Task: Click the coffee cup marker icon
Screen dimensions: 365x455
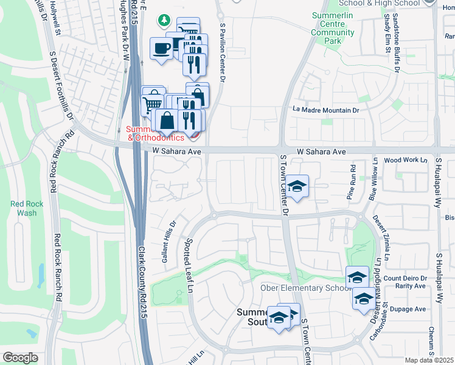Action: click(x=161, y=48)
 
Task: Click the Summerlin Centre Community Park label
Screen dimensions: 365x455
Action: click(x=332, y=28)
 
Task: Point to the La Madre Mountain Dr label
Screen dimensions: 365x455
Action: click(x=325, y=110)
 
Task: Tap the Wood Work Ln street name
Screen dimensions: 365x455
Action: click(x=402, y=160)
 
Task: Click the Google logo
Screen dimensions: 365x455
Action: click(x=20, y=358)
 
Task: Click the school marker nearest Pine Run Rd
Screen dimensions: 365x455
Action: click(x=297, y=186)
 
